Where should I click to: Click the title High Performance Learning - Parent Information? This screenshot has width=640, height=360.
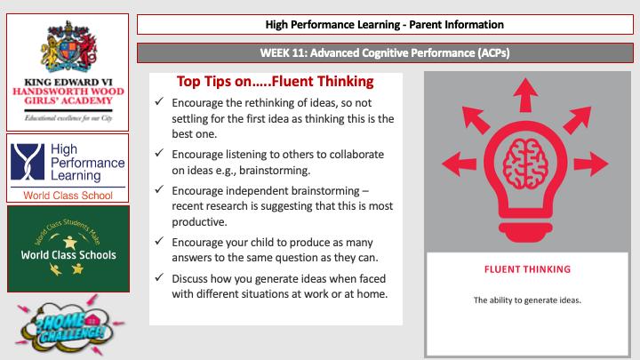tap(383, 24)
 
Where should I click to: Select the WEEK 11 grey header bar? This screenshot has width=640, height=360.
tap(383, 53)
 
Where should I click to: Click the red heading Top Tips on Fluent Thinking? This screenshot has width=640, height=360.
tap(275, 81)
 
